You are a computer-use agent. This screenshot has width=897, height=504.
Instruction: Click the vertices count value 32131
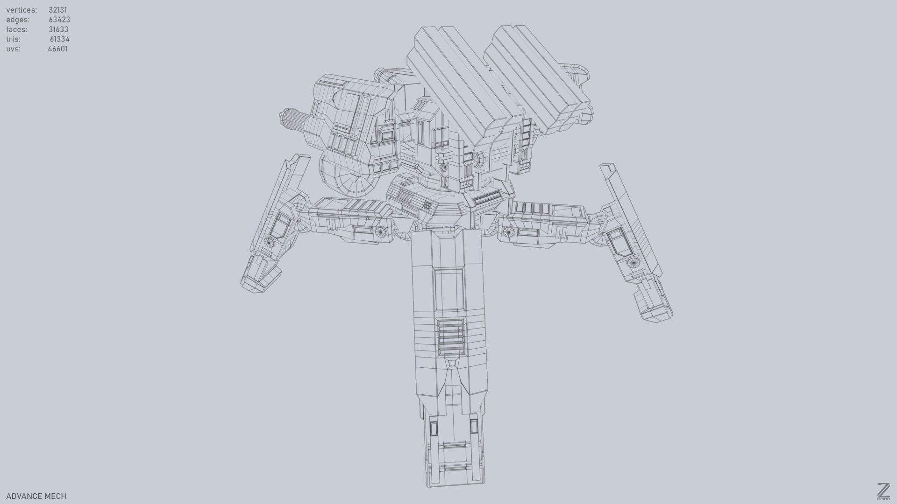coord(57,10)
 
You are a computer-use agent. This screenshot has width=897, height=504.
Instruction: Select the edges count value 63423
coord(59,20)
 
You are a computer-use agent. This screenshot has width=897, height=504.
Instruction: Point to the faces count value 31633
coord(58,29)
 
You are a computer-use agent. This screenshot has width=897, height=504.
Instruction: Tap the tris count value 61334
coord(59,39)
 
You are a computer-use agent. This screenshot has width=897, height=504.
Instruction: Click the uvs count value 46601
coord(57,49)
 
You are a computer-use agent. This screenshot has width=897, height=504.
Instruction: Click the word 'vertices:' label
coord(21,10)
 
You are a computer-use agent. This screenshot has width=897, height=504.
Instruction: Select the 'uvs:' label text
coord(13,49)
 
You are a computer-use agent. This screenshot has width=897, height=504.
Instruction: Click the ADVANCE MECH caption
coord(36,496)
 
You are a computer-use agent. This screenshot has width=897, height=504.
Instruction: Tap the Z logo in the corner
coord(883,491)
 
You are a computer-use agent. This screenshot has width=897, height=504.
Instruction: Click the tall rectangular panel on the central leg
coord(448,289)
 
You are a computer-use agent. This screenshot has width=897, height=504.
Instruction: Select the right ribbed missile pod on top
coord(537,75)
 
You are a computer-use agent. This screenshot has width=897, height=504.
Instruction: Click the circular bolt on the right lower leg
coord(633,262)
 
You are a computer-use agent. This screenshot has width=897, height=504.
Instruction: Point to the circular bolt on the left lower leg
coord(269,241)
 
